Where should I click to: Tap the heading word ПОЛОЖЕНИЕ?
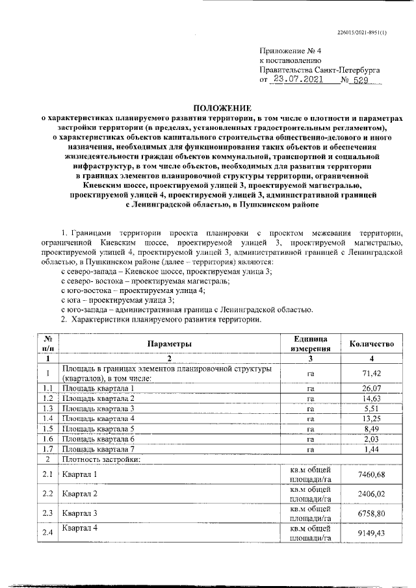pyautogui.click(x=222, y=108)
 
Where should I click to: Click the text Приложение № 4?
pyautogui.click(x=286, y=51)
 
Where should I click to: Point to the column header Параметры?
pyautogui.click(x=168, y=343)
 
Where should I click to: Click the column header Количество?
pyautogui.click(x=372, y=343)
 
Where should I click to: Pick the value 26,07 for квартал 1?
pyautogui.click(x=372, y=388)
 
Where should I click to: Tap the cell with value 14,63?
pyautogui.click(x=372, y=398)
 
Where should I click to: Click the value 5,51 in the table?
pyautogui.click(x=372, y=408)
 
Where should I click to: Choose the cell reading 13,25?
pyautogui.click(x=372, y=418)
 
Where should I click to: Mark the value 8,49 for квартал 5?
pyautogui.click(x=372, y=429)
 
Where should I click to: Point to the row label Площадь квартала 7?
pyautogui.click(x=98, y=449)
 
